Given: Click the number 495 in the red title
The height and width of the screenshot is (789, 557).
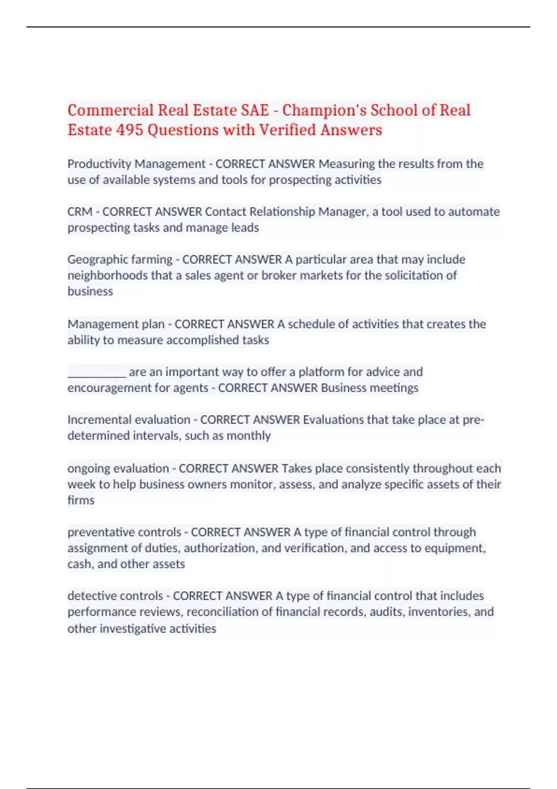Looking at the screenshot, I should point(130,130).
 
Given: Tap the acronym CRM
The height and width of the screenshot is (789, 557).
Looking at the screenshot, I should point(80,212).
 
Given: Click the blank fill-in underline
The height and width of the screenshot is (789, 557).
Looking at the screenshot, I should point(97,372).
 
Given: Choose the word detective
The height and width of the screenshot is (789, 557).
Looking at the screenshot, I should point(91,596).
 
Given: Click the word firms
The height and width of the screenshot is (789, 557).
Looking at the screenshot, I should point(81,500).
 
